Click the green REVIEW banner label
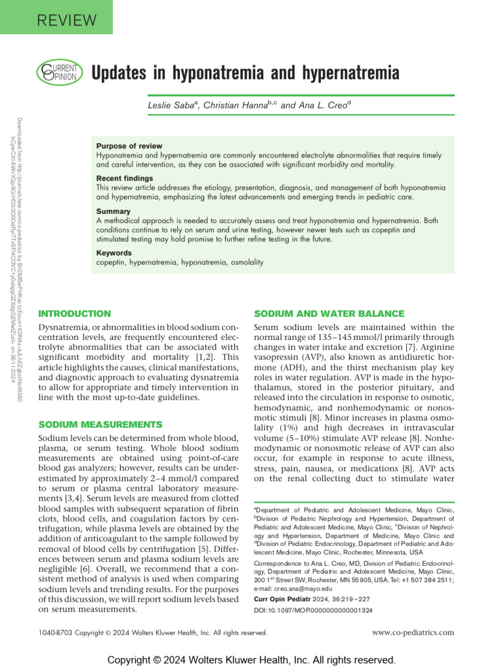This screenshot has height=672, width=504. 56,17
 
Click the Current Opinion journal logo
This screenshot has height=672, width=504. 59,72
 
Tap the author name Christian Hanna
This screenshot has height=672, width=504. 238,105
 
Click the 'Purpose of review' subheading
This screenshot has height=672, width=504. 129,146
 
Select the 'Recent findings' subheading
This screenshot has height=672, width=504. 125,178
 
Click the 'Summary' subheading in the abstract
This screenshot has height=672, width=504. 113,211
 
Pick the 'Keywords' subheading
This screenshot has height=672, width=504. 114,253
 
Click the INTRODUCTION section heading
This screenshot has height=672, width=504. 75,314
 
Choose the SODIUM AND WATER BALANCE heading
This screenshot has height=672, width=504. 329,314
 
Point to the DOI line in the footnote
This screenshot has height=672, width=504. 312,610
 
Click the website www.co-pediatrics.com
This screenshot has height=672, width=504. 413,633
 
